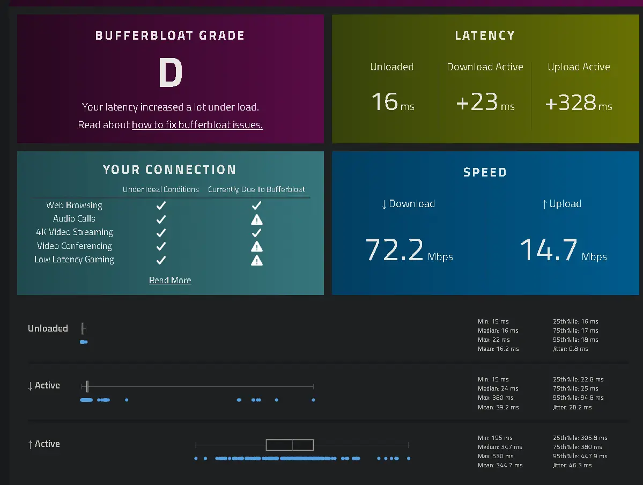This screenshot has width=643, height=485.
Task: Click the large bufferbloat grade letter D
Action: pyautogui.click(x=171, y=72)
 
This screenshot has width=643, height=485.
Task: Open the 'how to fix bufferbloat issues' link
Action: pyautogui.click(x=197, y=125)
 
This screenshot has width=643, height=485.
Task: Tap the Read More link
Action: pyautogui.click(x=170, y=280)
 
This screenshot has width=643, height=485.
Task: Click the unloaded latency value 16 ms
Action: pyautogui.click(x=393, y=102)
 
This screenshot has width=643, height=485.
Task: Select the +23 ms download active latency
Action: pyautogui.click(x=485, y=102)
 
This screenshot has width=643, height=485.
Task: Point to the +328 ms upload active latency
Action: pyautogui.click(x=579, y=102)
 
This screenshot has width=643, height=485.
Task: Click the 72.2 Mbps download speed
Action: pyautogui.click(x=409, y=250)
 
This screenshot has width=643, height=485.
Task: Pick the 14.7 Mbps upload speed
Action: pyautogui.click(x=564, y=250)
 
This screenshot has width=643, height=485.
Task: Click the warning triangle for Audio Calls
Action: pyautogui.click(x=257, y=219)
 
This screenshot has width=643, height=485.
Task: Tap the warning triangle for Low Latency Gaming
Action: pyautogui.click(x=257, y=261)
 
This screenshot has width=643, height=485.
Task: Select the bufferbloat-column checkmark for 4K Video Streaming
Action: pyautogui.click(x=257, y=233)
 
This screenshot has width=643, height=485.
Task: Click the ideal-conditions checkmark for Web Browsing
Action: pyautogui.click(x=161, y=205)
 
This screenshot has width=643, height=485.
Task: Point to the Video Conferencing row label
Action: pyautogui.click(x=74, y=246)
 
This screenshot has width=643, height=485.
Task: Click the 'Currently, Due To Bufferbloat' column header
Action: pyautogui.click(x=256, y=189)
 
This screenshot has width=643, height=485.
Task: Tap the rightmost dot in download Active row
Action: pyautogui.click(x=313, y=400)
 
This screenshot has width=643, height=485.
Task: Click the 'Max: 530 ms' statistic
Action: pyautogui.click(x=496, y=456)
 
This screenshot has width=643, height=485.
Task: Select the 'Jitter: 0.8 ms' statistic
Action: pyautogui.click(x=571, y=349)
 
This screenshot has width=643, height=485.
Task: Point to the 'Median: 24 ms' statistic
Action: pyautogui.click(x=498, y=388)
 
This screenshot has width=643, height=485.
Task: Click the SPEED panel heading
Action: pyautogui.click(x=485, y=172)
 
